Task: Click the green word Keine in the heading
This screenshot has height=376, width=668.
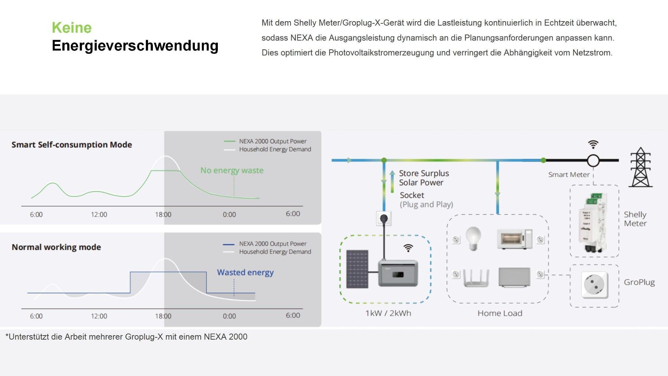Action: coord(72,28)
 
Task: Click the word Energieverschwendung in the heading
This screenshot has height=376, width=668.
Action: coord(135,46)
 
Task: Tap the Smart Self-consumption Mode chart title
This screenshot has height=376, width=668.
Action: coord(72,145)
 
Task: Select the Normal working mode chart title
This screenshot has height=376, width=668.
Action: coord(56,247)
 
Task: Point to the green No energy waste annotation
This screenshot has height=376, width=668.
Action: coord(232,170)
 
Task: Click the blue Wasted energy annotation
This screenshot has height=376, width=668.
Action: coord(245,272)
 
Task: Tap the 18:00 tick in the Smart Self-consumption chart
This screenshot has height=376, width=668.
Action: coord(163,215)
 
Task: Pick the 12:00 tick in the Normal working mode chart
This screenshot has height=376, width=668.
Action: coord(99,316)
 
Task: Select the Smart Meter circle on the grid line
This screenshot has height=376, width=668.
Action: coord(593,161)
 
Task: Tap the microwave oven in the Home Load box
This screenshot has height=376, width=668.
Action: coord(514,239)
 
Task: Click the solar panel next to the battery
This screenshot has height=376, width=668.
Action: coord(357,269)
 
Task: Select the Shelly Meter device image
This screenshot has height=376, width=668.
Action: coord(593,223)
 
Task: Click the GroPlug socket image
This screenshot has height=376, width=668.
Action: coord(594,285)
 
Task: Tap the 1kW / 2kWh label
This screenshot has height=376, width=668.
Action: coord(388,313)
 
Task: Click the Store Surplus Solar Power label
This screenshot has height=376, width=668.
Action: coord(424,178)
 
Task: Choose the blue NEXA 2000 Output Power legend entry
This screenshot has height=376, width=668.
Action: coord(272,244)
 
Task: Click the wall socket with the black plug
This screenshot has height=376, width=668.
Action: coord(384,218)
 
